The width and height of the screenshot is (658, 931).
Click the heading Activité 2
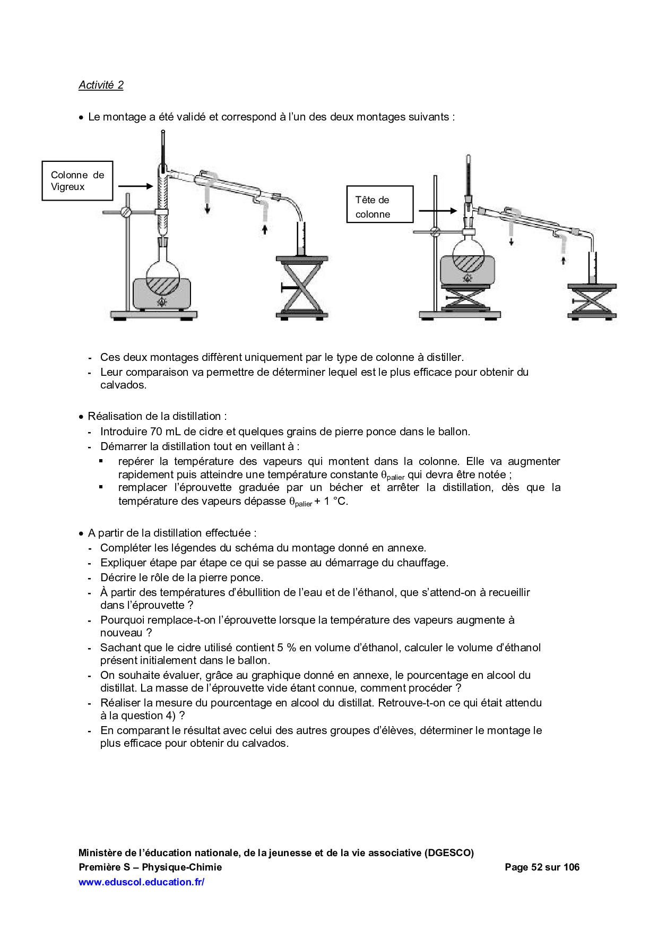coord(101,85)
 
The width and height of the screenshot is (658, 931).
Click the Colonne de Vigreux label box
coord(77,181)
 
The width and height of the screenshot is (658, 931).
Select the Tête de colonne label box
coord(379,204)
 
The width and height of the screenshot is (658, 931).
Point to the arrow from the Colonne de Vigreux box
coord(135,186)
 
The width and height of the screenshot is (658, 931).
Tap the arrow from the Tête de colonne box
coord(437,211)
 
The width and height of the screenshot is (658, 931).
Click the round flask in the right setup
coord(467,256)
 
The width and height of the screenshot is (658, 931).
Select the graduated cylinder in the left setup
coord(301,239)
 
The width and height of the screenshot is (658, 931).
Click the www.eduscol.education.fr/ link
coord(141,882)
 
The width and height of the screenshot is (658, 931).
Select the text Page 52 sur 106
coord(542,867)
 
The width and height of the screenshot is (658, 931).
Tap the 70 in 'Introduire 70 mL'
coord(156,432)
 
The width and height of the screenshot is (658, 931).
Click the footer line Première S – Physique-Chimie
coord(150,867)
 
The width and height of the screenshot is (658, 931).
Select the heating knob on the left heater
coord(162,302)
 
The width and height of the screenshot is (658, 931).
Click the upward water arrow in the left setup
coord(265,229)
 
